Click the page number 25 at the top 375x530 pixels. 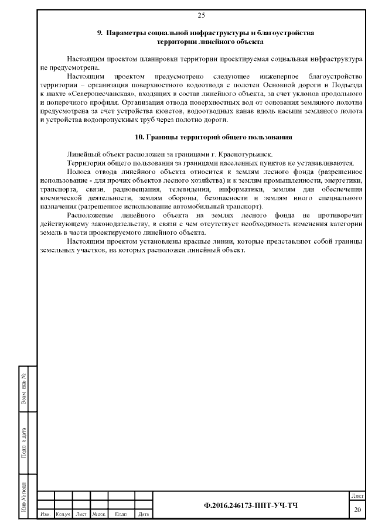pyautogui.click(x=201, y=15)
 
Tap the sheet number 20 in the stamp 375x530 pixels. pyautogui.click(x=357, y=510)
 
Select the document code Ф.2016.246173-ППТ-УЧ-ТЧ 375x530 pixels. pyautogui.click(x=250, y=505)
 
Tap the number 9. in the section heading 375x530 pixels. pyautogui.click(x=100, y=33)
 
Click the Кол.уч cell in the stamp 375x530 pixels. pyautogui.click(x=62, y=514)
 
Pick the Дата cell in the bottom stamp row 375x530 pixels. pyautogui.click(x=143, y=514)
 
